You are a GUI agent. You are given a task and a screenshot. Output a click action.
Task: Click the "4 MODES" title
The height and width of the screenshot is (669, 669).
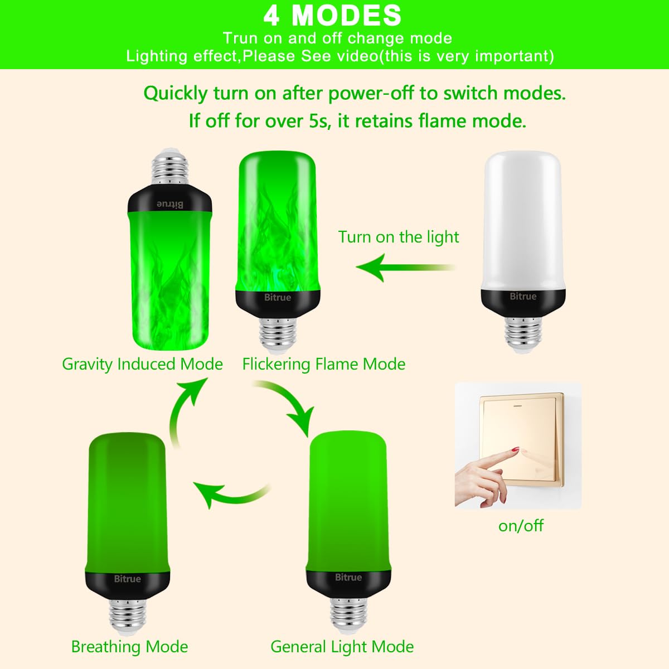click(332, 16)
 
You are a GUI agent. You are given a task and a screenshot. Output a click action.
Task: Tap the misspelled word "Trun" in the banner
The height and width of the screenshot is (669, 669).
click(240, 38)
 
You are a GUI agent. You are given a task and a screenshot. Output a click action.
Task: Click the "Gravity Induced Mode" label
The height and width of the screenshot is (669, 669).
click(142, 365)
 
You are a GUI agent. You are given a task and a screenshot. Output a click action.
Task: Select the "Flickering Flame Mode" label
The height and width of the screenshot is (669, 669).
click(323, 365)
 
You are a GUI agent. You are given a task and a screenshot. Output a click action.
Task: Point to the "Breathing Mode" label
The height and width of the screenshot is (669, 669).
click(129, 647)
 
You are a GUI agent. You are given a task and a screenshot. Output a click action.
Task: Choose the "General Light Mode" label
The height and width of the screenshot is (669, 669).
click(342, 647)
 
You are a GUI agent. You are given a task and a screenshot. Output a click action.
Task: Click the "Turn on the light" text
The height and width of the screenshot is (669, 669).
click(399, 237)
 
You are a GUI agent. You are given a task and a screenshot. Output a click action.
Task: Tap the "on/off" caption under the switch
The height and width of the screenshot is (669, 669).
click(521, 526)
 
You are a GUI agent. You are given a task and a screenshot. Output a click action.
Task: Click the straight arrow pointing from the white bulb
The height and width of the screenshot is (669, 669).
click(405, 268)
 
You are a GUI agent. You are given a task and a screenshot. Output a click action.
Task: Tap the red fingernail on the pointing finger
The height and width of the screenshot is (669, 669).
click(515, 449)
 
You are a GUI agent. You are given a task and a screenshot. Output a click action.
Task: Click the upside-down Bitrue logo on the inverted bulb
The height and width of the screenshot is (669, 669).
click(170, 204)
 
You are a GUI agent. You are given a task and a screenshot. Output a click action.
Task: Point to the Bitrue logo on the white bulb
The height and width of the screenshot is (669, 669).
click(523, 296)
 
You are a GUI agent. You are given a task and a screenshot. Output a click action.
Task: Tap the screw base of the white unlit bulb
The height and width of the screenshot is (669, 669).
click(523, 334)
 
